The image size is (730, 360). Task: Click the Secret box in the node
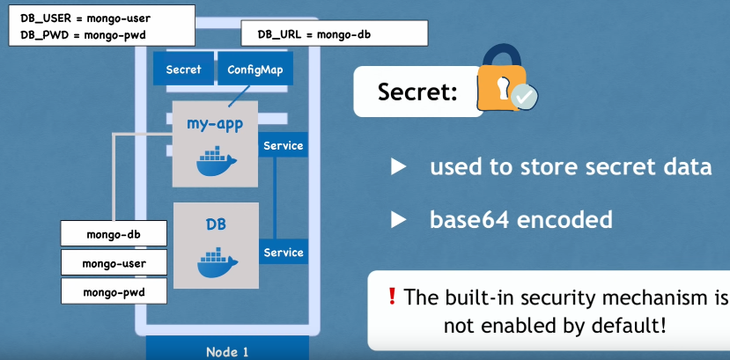183,69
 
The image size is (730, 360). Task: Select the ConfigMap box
254,69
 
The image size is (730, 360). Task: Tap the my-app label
215,125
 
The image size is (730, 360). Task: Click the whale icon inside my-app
216,161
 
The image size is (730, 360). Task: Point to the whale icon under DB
216,264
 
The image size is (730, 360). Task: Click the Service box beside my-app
283,145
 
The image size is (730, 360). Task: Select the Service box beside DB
283,252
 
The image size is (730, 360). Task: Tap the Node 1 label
228,351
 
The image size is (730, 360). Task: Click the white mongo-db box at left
114,233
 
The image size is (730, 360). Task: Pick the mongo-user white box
114,263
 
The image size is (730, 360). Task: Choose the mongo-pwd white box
114,291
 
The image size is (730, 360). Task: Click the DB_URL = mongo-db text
314,34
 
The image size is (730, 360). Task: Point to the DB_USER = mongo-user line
85,18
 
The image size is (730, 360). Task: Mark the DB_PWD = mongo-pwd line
84,35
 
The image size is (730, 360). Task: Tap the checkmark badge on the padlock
524,97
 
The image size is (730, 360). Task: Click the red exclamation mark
392,296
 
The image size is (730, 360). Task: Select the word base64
469,219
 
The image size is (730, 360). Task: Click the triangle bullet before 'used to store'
399,166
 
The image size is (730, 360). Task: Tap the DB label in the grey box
216,224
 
